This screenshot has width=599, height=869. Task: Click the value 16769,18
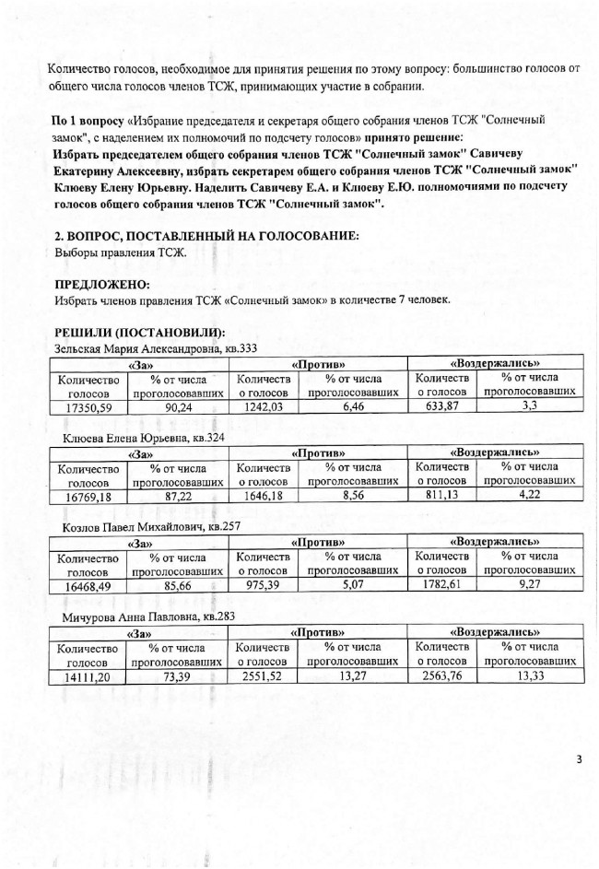[89, 497]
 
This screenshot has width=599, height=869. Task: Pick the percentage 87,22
[179, 497]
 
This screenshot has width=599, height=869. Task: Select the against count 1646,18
[264, 497]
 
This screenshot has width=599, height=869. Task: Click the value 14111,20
[89, 677]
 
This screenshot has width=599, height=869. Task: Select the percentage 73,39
[179, 677]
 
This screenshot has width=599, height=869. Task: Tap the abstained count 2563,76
[442, 677]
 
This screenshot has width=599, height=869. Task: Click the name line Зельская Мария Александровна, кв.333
[156, 348]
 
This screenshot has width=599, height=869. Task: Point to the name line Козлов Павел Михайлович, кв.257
[152, 528]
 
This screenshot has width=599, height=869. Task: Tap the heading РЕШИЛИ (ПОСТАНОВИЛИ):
[139, 333]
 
